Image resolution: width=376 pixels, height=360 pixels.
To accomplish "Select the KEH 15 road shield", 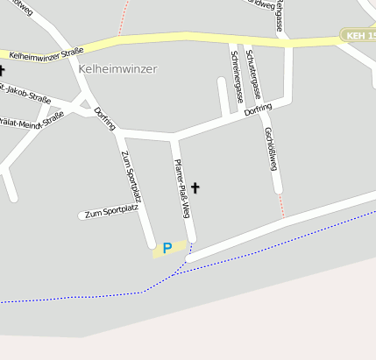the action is pyautogui.click(x=359, y=36).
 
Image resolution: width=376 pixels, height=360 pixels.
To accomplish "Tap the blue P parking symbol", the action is pyautogui.click(x=167, y=249).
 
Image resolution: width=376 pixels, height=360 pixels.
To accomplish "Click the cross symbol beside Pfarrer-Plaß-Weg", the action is pyautogui.click(x=195, y=187).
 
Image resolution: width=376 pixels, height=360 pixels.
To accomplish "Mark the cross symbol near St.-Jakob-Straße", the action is pyautogui.click(x=2, y=69).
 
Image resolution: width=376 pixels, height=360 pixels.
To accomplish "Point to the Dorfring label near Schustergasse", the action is pyautogui.click(x=259, y=110).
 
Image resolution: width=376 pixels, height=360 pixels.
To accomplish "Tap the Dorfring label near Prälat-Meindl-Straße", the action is pyautogui.click(x=104, y=117).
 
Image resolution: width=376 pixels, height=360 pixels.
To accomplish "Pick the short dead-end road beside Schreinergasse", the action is pyautogui.click(x=223, y=96).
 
